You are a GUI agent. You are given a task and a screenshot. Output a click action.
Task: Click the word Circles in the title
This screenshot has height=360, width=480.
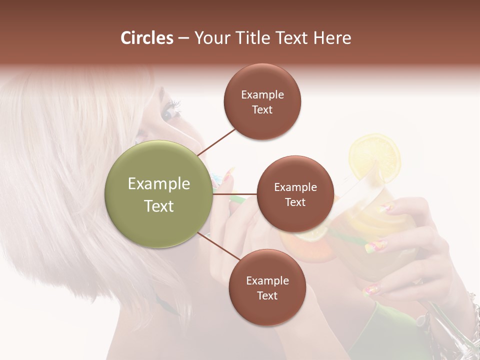point(146,38)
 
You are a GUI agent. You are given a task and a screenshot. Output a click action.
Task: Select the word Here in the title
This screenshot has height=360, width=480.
point(332,38)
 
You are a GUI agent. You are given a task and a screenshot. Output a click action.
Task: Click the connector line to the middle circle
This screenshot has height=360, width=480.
point(235,193)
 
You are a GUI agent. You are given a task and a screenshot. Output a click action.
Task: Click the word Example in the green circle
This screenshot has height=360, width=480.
point(158,184)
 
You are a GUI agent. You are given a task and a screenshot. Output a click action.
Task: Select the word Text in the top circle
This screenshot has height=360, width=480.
point(262,109)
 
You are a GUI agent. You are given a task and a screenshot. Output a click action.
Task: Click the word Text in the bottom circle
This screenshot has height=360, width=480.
point(267,295)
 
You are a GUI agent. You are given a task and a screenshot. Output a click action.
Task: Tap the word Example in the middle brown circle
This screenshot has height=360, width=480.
point(295,187)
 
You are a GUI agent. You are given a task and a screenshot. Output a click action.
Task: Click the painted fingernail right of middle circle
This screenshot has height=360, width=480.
point(379,245)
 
